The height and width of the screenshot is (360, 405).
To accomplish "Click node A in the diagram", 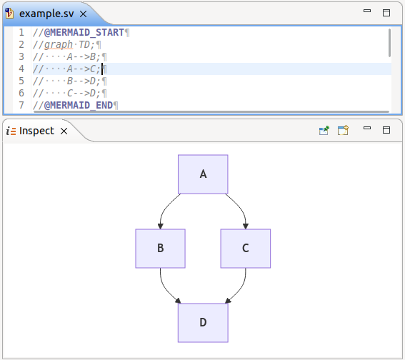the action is (203, 174).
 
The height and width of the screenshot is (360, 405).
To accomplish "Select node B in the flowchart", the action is (161, 249).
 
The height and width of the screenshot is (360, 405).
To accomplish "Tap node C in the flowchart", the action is (246, 249).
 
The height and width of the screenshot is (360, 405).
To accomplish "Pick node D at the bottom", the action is (203, 323).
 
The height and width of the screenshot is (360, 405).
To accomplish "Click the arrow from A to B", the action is (165, 209).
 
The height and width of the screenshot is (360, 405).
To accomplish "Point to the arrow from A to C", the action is (241, 209).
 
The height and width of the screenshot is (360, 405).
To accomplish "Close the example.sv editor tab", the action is (83, 14).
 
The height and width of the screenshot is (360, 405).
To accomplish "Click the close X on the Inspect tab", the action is (64, 131).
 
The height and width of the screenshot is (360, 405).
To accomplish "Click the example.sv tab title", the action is (46, 14).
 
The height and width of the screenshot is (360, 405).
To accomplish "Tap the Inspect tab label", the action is (36, 131).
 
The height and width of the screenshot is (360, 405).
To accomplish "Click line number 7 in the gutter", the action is (21, 105).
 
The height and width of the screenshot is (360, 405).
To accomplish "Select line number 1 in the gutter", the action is (21, 33).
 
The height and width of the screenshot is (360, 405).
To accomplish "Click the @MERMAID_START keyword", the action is (84, 33).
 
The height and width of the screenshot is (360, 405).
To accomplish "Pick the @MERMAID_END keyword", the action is (79, 106).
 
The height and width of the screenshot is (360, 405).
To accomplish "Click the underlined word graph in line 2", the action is (59, 45).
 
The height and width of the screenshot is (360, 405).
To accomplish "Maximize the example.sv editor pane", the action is (386, 13).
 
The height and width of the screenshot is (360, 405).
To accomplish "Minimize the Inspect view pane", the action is (367, 128).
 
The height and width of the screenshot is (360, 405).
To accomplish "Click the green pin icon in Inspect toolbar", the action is (324, 131).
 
